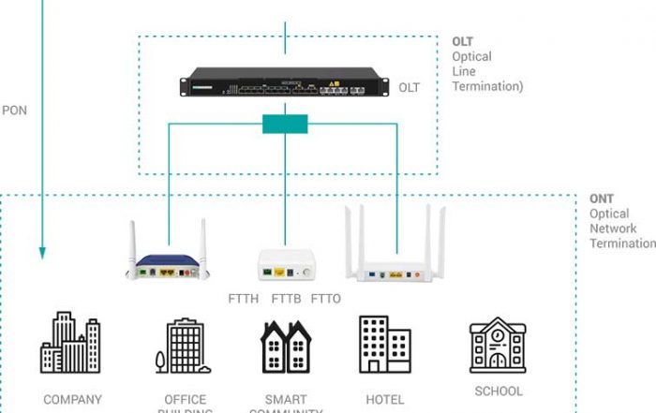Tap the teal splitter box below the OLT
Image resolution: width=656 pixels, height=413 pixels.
click(285, 124)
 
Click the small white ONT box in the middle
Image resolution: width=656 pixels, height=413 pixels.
click(285, 264)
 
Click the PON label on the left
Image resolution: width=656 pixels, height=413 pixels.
click(15, 110)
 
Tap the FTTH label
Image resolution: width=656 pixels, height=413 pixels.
click(246, 300)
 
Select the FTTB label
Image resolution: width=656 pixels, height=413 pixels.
click(285, 300)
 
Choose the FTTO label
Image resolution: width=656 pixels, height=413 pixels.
click(325, 300)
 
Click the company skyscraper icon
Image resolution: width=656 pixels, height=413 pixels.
click(70, 343)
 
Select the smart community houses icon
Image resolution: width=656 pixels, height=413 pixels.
click(285, 347)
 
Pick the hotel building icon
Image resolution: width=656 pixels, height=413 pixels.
click(384, 345)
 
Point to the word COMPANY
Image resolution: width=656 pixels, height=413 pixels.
click(72, 400)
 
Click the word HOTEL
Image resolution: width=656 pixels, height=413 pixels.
click(385, 400)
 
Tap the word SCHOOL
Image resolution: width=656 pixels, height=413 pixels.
click(499, 391)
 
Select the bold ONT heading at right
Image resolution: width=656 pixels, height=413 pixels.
click(602, 199)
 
